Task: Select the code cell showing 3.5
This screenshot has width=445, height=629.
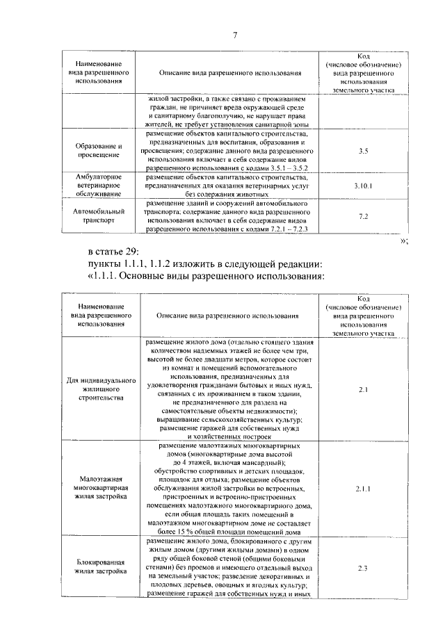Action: click(x=363, y=151)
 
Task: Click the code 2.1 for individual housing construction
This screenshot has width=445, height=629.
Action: click(x=363, y=391)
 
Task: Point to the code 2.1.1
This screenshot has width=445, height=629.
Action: click(x=363, y=489)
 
